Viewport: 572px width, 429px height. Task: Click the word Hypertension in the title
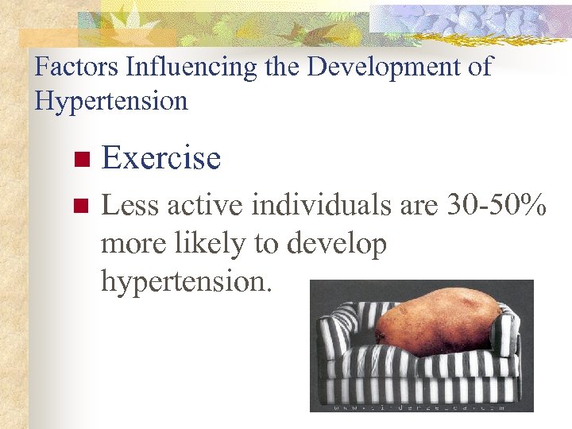tap(111, 102)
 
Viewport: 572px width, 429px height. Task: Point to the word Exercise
tap(161, 158)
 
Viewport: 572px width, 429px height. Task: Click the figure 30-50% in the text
tap(496, 206)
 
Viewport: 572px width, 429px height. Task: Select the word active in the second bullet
tap(202, 206)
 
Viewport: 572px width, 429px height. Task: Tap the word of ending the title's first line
tap(480, 67)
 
